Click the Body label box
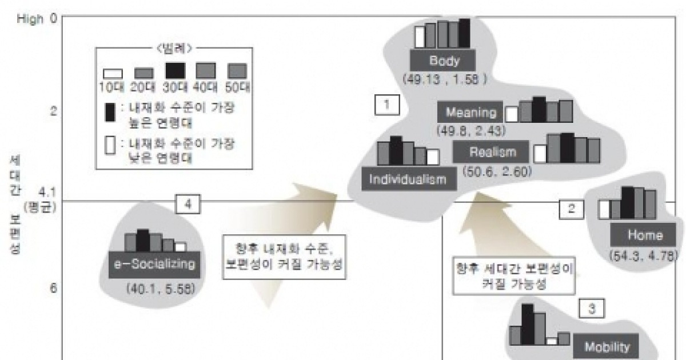pyautogui.click(x=444, y=61)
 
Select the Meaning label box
pyautogui.click(x=470, y=112)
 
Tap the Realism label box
pyautogui.click(x=492, y=152)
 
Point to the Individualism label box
pyautogui.click(x=409, y=179)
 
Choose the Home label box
pyautogui.click(x=645, y=235)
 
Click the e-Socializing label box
pyautogui.click(x=155, y=264)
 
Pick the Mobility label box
pyautogui.click(x=607, y=346)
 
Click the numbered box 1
pyautogui.click(x=386, y=105)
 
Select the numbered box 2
pyautogui.click(x=570, y=209)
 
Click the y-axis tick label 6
pyautogui.click(x=53, y=289)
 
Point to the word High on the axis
pyautogui.click(x=30, y=20)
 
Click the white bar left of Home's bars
pyautogui.click(x=604, y=209)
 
